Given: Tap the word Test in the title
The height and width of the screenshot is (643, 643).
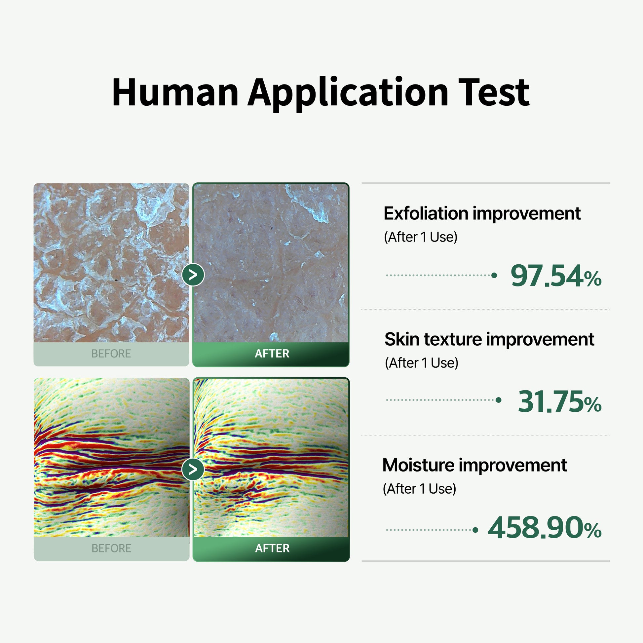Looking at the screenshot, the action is (494, 92).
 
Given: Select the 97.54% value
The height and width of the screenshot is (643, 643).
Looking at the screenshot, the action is (556, 276).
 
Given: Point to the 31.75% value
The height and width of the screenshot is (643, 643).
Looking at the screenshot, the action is (559, 401).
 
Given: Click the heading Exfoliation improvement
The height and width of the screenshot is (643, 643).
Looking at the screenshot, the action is (482, 213).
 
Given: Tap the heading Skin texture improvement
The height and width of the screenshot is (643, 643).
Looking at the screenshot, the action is (489, 339).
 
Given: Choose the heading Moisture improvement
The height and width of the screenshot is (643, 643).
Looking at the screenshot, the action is (474, 465).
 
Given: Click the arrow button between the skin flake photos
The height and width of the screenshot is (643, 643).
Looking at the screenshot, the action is (193, 275).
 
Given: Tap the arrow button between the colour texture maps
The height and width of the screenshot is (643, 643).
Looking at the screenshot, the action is (193, 469).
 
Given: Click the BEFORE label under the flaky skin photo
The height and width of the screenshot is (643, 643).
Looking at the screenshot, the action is (111, 354).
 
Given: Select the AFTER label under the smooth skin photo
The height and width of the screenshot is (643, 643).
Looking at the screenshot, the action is (272, 354).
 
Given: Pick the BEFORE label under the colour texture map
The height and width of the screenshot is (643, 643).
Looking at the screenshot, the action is (111, 548).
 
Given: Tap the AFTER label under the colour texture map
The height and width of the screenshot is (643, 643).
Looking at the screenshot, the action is (272, 548).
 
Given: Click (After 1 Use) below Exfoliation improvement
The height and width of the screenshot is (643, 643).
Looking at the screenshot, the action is (421, 237).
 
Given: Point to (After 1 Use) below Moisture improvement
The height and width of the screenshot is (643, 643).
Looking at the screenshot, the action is (419, 489).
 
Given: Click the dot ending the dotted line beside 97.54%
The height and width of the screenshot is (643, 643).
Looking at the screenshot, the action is (494, 275).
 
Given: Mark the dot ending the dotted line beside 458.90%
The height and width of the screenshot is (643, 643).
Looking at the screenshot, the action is (475, 530).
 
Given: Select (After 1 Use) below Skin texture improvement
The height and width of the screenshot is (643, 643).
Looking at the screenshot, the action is (422, 363).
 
